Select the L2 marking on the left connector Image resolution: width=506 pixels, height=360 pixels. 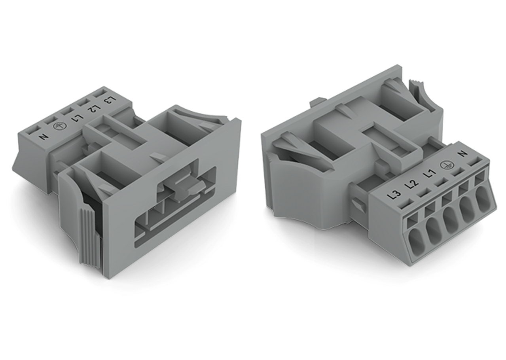95,109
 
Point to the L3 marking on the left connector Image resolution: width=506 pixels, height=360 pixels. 110,100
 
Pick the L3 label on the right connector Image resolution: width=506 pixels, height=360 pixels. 395,195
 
